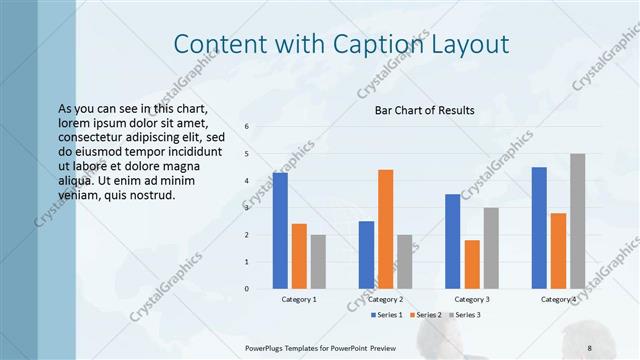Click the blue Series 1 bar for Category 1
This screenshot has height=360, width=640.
point(280,231)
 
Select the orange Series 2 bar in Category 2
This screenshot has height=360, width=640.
point(385,229)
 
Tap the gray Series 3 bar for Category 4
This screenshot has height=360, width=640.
point(577,221)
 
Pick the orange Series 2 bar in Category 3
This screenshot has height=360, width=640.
point(472,264)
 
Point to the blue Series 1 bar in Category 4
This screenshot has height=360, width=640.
point(539,228)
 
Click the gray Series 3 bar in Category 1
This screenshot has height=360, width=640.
point(318,262)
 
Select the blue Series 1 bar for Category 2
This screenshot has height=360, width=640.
point(366,255)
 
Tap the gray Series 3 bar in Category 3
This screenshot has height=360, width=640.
point(491,248)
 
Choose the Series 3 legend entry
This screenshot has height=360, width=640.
point(464,315)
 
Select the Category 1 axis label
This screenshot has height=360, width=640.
point(299,299)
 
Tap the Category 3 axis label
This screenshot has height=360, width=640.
point(472,299)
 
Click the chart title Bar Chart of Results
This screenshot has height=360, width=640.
point(424,110)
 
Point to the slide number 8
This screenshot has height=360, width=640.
point(590,347)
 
